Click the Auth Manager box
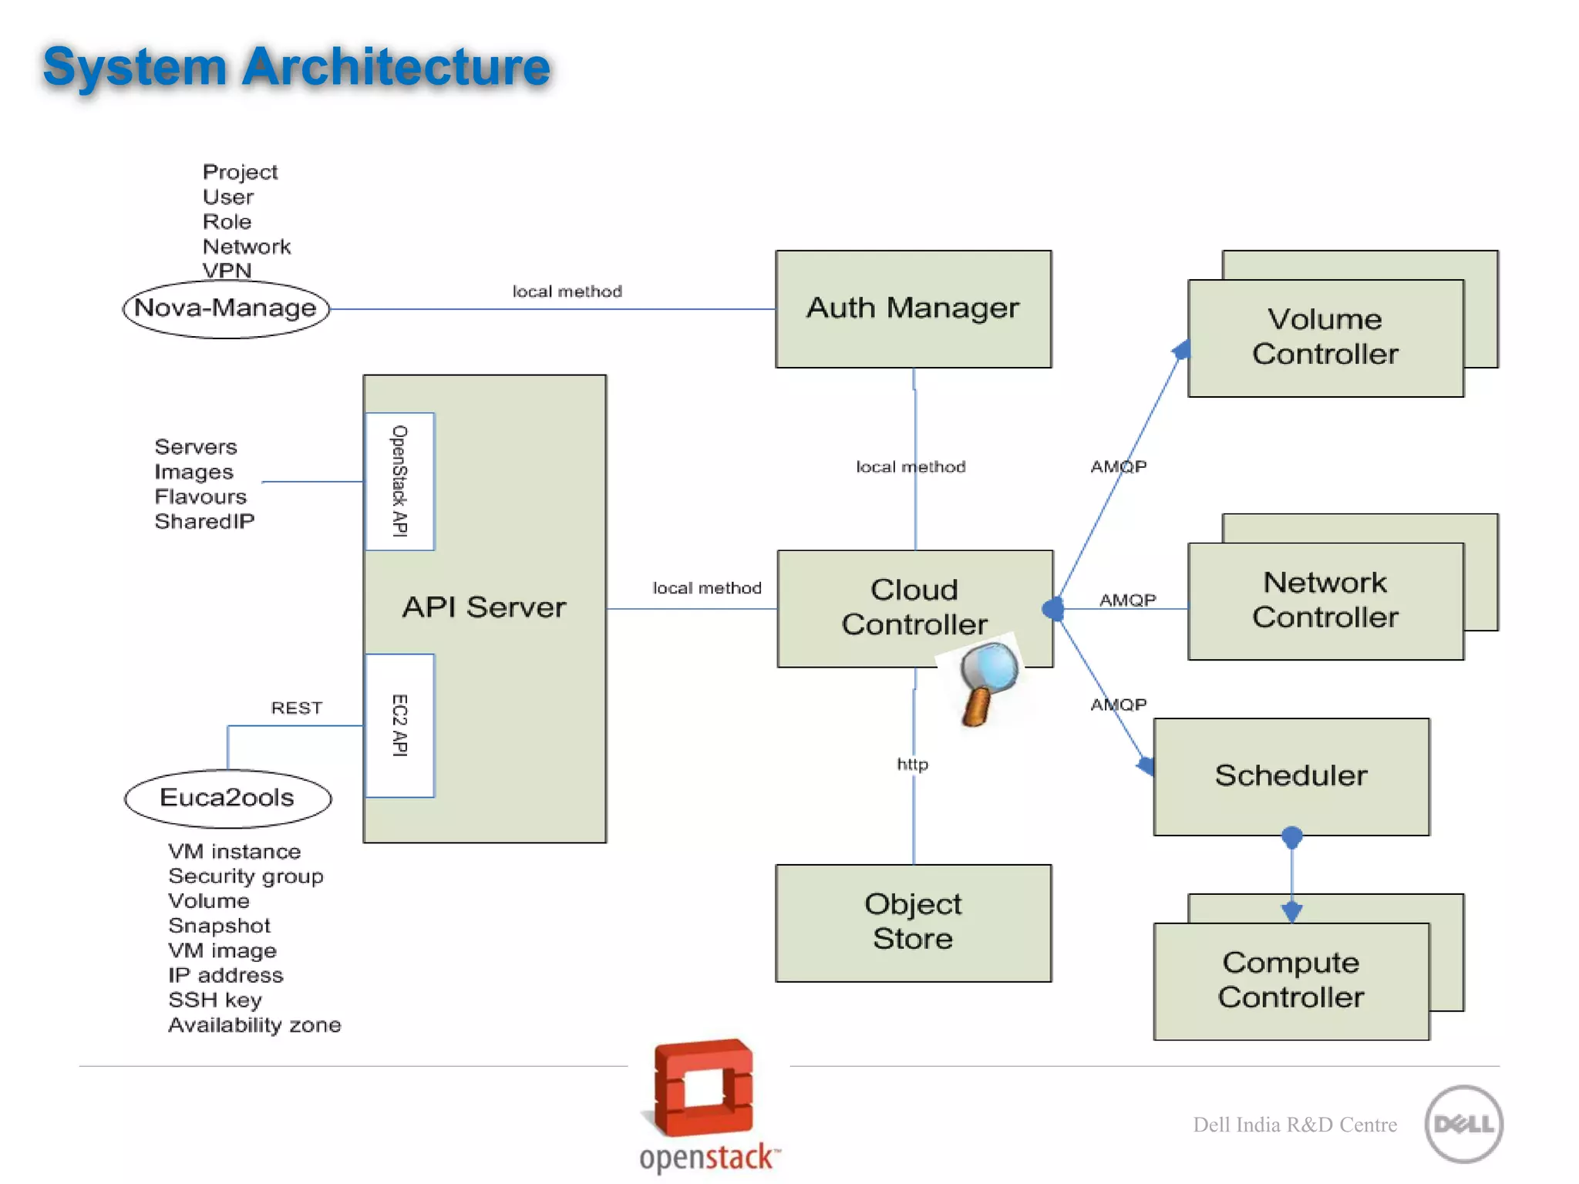coord(913,308)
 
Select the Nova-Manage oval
coord(226,308)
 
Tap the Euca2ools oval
coord(227,798)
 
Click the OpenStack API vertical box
coord(399,481)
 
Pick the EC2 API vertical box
coord(399,725)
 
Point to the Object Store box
coord(913,922)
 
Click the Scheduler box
coord(1291,775)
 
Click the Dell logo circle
coord(1463,1124)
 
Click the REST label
coord(297,708)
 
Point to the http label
coord(912,764)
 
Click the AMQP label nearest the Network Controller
coord(1127,600)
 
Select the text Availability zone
coord(254,1025)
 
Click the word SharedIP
coord(204,522)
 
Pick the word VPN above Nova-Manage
coord(227,271)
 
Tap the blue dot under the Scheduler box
coord(1292,836)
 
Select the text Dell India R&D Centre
coord(1295,1125)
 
